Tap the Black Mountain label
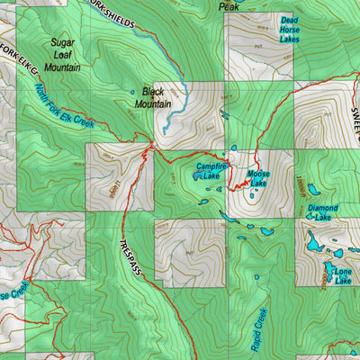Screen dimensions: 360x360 [153, 98]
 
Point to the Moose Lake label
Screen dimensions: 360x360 [258, 178]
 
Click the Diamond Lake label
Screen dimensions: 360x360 [322, 212]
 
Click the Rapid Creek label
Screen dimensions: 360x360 [259, 328]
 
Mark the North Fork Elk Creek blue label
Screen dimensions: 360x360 [64, 106]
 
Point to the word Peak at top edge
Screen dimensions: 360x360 [229, 6]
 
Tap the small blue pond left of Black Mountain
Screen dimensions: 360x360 [131, 92]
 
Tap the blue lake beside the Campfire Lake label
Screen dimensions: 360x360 [196, 177]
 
